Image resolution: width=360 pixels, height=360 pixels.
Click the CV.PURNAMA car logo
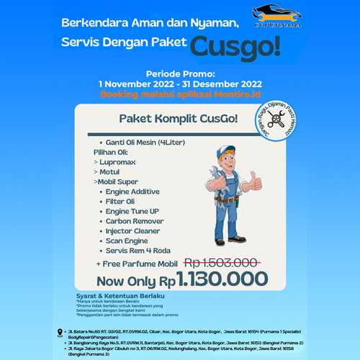[x=277, y=17]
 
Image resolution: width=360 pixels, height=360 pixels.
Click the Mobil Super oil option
[x=119, y=183]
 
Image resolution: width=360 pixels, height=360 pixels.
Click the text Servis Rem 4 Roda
[x=138, y=250]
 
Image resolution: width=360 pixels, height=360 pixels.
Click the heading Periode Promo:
[x=180, y=73]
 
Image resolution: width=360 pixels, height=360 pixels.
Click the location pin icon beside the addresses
[x=60, y=332]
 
